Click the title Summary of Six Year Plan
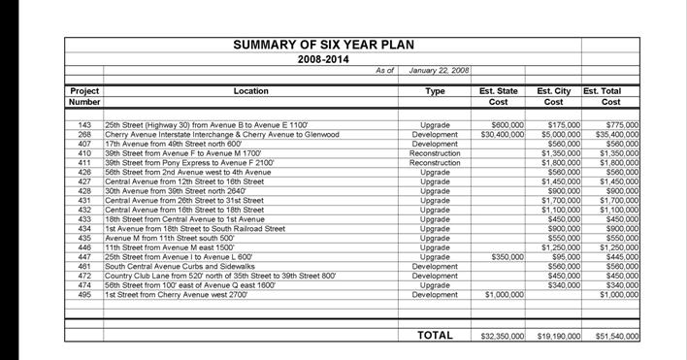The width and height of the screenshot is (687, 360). click(x=322, y=45)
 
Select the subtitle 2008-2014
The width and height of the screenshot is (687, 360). click(x=323, y=58)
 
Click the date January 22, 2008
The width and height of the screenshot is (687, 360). click(x=439, y=71)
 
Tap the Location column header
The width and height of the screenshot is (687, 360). click(x=251, y=90)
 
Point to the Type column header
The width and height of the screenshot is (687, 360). click(x=435, y=90)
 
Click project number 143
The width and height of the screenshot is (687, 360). click(x=84, y=125)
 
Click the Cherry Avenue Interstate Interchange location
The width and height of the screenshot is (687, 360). click(x=221, y=135)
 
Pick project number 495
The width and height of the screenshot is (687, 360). click(x=84, y=293)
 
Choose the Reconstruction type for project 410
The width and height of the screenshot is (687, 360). click(x=435, y=153)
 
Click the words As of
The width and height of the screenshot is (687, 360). click(x=384, y=71)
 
